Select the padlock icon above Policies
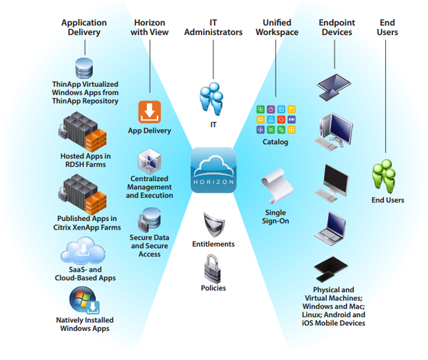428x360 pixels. pyautogui.click(x=213, y=269)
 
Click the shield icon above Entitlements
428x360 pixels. pyautogui.click(x=213, y=225)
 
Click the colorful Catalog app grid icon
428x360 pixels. pyautogui.click(x=275, y=119)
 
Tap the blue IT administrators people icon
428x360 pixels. pyautogui.click(x=213, y=100)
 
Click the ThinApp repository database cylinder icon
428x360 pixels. pyautogui.click(x=85, y=68)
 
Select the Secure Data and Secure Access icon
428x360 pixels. pyautogui.click(x=150, y=218)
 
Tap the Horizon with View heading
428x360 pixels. pyautogui.click(x=150, y=27)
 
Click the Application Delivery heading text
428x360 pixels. pyautogui.click(x=85, y=27)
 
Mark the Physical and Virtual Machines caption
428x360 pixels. pyautogui.click(x=334, y=307)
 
